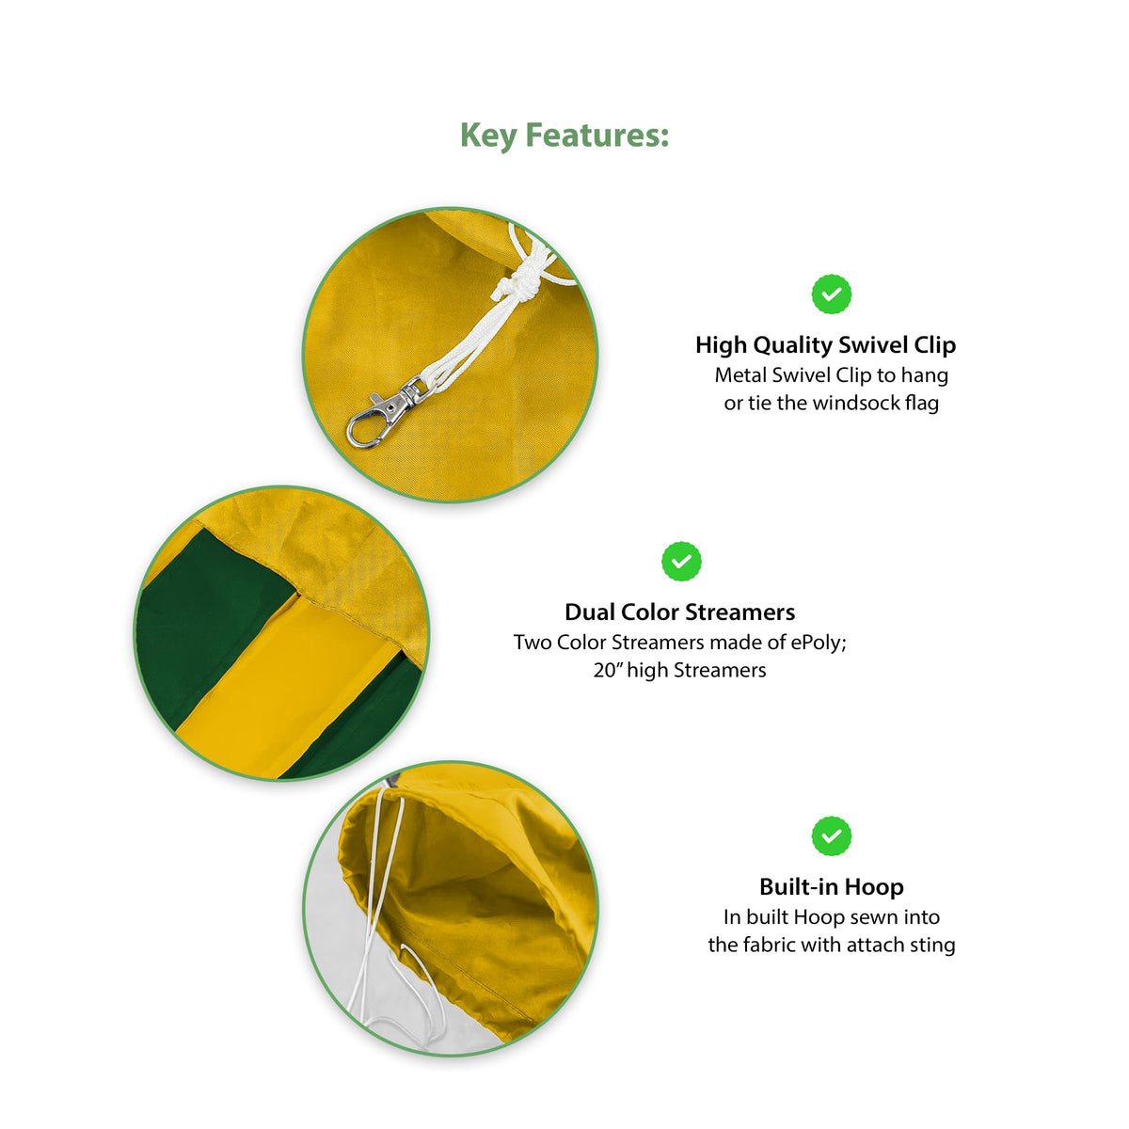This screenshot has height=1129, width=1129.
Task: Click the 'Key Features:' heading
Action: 564,135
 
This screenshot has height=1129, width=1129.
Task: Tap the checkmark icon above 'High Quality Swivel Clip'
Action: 831,294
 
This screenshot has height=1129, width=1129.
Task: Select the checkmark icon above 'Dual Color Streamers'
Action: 681,562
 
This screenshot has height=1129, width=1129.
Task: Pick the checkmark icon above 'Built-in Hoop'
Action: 831,836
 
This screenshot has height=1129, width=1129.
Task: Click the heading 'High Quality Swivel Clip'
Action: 825,345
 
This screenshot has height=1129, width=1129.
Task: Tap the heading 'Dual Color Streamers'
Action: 679,612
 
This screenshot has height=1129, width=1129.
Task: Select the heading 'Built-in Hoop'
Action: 832,886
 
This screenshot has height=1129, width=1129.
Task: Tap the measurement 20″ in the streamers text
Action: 608,670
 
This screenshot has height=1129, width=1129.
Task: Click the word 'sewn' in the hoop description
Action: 869,917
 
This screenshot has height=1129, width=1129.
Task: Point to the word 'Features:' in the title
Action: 597,135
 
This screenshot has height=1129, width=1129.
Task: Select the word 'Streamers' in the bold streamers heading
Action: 740,612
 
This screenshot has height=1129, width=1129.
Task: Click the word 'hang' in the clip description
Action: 925,376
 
